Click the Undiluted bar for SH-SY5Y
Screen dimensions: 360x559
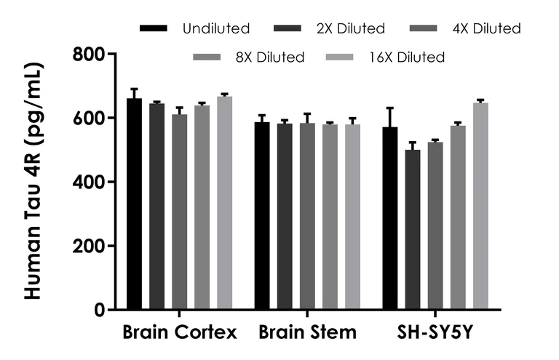(390, 218)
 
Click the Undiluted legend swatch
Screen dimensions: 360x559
(154, 29)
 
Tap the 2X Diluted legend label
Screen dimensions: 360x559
(350, 29)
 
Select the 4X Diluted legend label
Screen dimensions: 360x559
(486, 29)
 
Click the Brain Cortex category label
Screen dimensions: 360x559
(179, 334)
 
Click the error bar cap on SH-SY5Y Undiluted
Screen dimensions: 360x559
(390, 108)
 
